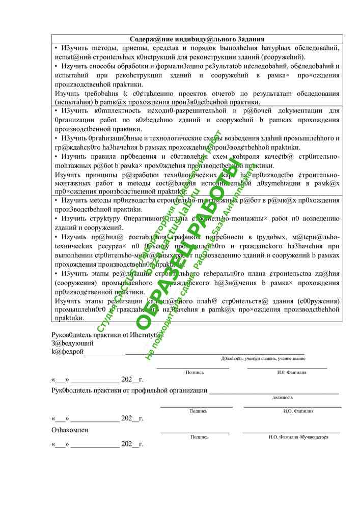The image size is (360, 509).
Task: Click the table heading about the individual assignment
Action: pos(197,39)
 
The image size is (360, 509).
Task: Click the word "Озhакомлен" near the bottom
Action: pos(70,430)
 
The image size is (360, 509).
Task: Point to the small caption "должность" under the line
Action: pos(283,398)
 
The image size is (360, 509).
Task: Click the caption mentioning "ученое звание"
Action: pos(263,359)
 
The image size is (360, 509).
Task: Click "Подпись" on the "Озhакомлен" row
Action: pos(199,437)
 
